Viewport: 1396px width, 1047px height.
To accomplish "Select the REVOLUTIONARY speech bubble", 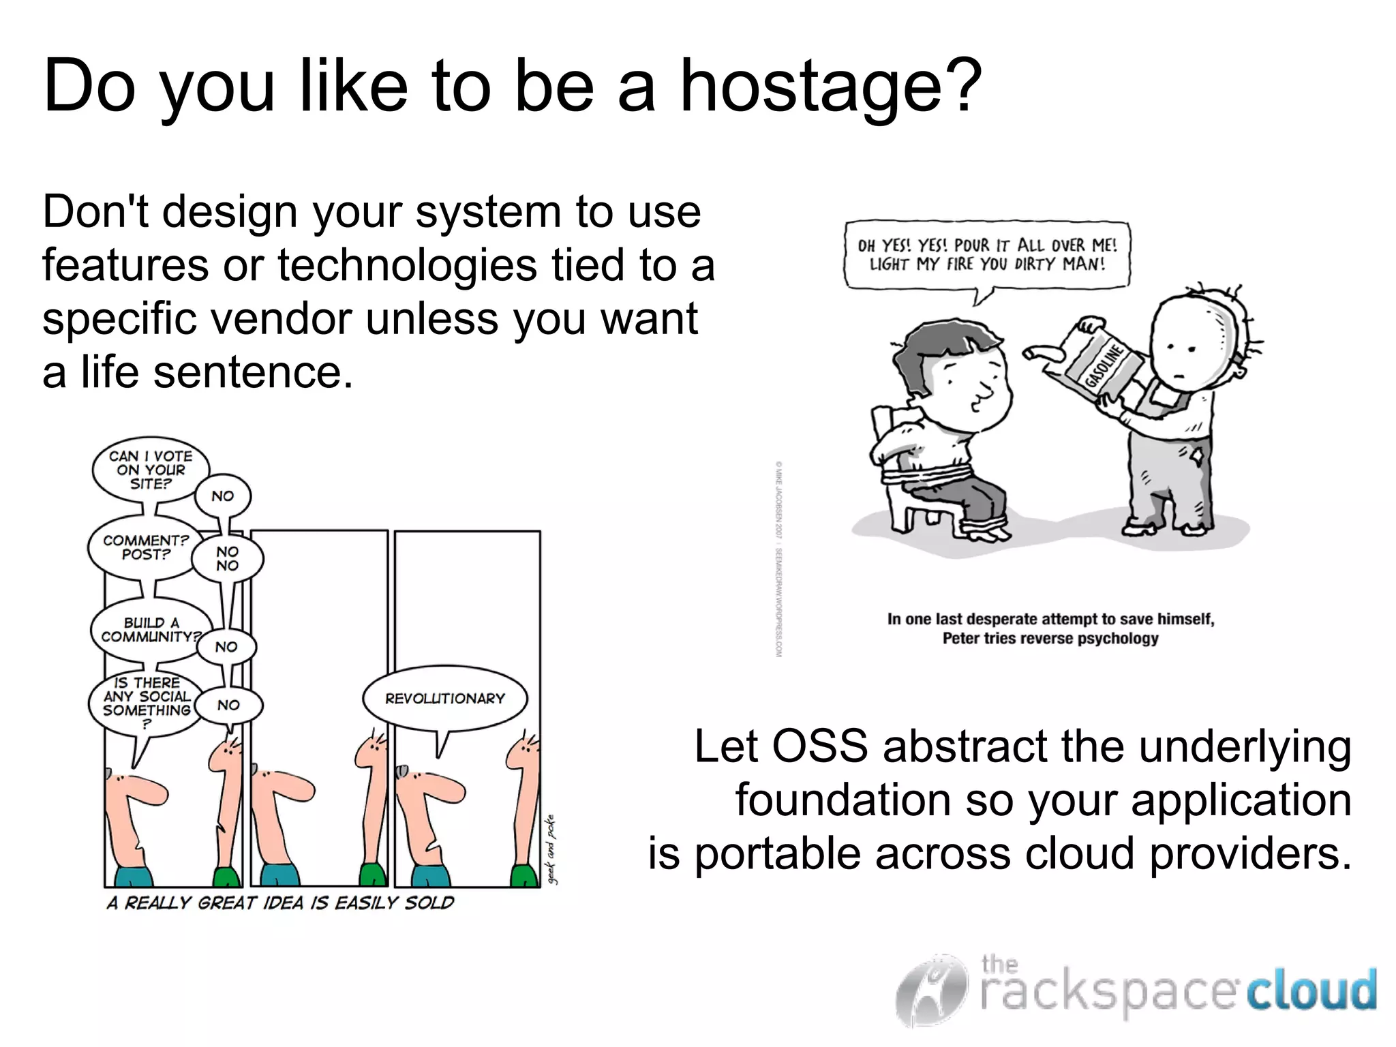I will pos(445,699).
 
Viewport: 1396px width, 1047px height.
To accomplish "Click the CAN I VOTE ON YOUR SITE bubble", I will pos(150,470).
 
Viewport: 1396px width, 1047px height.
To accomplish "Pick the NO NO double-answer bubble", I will pos(228,558).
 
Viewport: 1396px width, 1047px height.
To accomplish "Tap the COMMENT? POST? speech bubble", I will pos(145,547).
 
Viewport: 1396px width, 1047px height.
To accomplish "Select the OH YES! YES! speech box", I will pos(986,255).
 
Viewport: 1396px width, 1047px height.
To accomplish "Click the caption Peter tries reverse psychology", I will pos(1050,639).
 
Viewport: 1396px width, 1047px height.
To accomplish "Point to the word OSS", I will pos(819,746).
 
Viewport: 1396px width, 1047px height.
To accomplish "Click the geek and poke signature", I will pos(552,849).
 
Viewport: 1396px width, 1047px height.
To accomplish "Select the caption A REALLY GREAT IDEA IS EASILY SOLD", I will pos(280,902).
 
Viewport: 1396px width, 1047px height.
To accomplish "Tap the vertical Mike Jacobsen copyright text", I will pos(778,559).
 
